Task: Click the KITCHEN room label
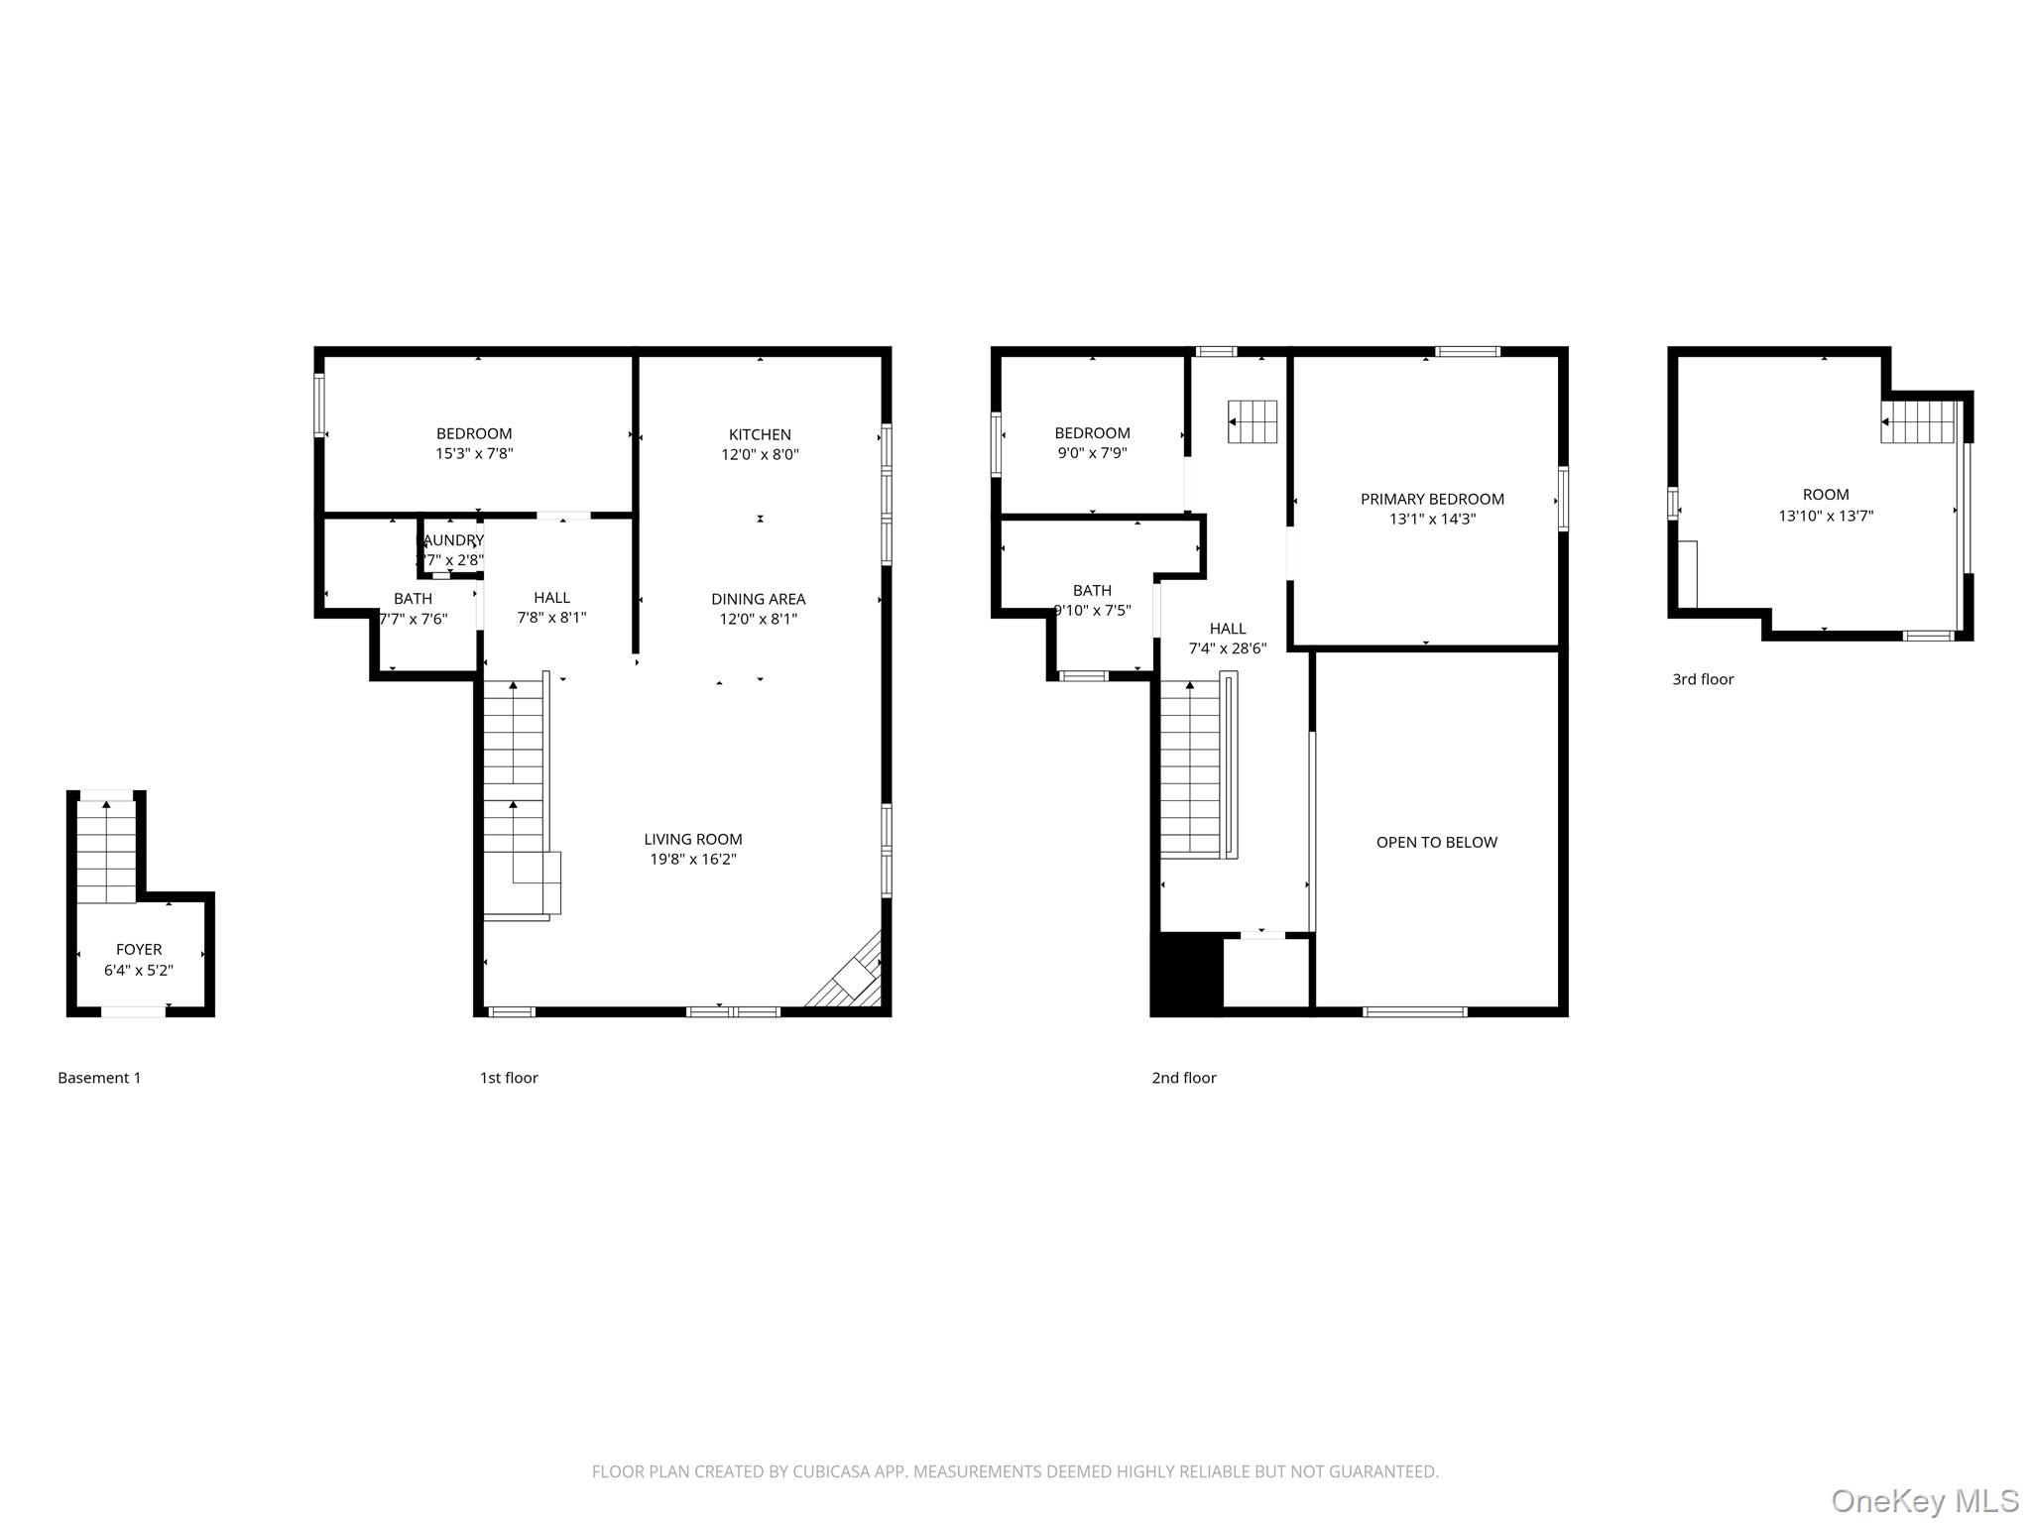(x=760, y=434)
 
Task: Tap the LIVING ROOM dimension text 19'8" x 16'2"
(x=692, y=860)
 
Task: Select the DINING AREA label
(x=758, y=599)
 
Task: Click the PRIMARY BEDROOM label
(x=1431, y=499)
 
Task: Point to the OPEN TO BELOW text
(x=1436, y=842)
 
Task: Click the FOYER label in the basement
(x=139, y=949)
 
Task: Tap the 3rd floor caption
(x=1703, y=679)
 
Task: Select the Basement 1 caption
(x=99, y=1078)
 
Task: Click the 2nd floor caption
(x=1183, y=1078)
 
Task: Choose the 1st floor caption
(x=509, y=1078)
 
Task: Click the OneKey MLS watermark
(x=1924, y=1500)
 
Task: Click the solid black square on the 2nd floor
(x=1186, y=973)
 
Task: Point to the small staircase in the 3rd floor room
(x=1918, y=422)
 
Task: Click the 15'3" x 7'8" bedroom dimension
(x=474, y=454)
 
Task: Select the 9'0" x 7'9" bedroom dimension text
(x=1092, y=453)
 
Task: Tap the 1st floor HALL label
(x=551, y=597)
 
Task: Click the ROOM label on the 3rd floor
(x=1825, y=494)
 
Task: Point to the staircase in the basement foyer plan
(x=107, y=852)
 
